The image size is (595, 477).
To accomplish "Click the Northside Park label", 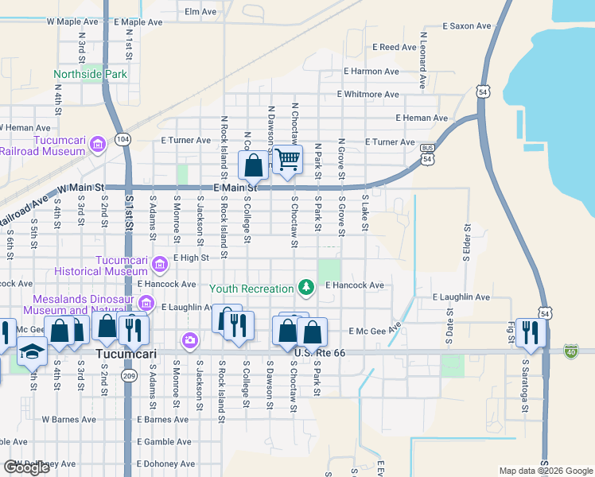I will tap(91, 75).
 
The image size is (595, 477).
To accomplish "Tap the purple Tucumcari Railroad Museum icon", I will tap(98, 144).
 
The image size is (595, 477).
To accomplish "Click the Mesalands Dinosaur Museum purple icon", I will tap(146, 303).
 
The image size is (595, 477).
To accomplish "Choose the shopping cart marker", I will tap(287, 159).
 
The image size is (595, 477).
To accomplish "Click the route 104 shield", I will tap(122, 138).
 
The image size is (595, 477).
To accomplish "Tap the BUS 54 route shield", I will tap(428, 153).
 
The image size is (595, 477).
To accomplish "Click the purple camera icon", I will tap(189, 340).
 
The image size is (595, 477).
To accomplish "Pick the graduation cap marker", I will tap(32, 351).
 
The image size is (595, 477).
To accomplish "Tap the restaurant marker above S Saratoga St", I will tap(527, 331).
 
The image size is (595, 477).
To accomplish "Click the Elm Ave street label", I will tap(200, 12).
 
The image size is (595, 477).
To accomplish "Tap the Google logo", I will tap(26, 467).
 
